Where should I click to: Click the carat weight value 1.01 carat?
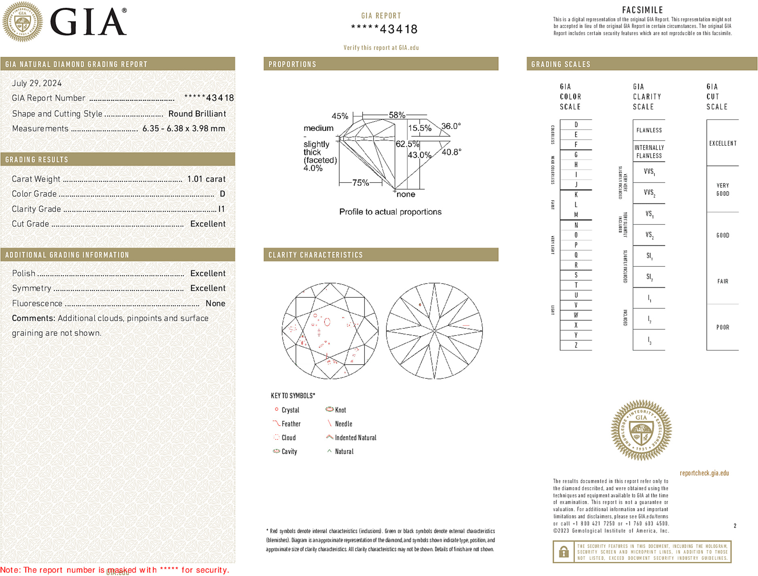206,179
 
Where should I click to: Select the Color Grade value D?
222,194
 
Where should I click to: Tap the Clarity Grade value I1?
221,209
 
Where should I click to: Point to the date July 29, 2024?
37,83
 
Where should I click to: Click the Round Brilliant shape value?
197,114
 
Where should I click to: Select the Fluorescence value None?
215,303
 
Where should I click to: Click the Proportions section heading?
292,64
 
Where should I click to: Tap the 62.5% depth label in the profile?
407,144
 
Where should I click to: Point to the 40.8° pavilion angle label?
451,152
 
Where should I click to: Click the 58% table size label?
397,115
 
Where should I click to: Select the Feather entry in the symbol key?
291,424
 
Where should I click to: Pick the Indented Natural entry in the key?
355,438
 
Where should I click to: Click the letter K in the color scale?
576,195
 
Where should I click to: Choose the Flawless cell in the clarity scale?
649,130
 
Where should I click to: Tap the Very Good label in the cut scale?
722,190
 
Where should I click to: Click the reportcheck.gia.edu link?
704,473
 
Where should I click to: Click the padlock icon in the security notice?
563,552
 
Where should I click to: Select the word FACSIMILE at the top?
642,10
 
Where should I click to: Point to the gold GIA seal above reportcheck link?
641,430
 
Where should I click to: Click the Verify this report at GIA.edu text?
381,48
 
